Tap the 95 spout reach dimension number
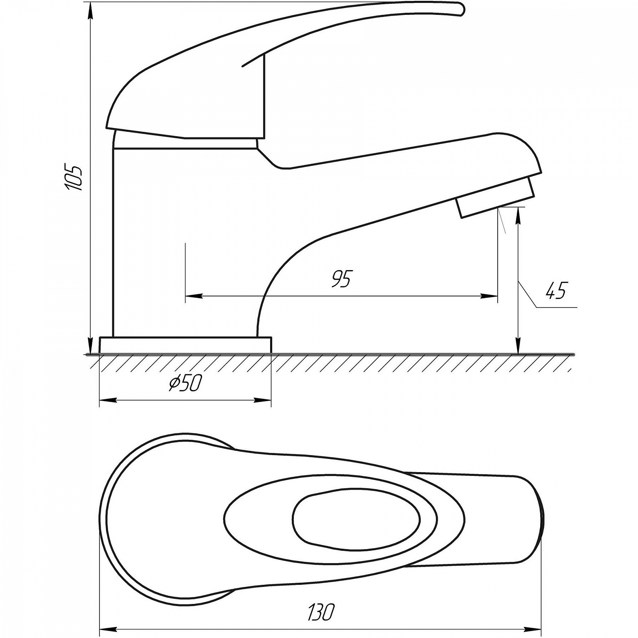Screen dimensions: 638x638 click(x=342, y=279)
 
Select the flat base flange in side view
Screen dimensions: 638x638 click(x=185, y=345)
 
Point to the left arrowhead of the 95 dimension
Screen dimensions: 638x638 click(x=193, y=296)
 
